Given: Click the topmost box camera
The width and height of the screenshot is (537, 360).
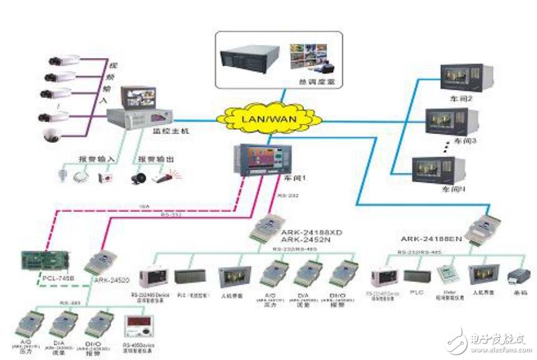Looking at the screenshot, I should click(64, 61).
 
